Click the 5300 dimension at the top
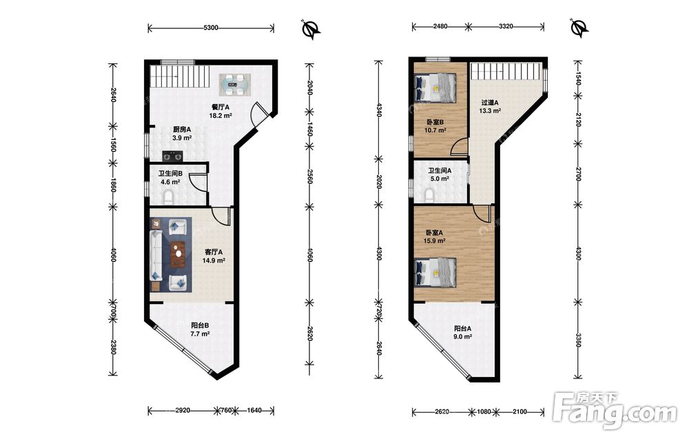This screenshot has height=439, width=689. click(211, 28)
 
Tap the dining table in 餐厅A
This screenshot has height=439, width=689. click(236, 84)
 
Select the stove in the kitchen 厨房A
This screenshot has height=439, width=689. click(172, 156)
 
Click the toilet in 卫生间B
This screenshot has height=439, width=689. click(168, 196)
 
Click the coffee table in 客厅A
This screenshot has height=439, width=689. click(178, 254)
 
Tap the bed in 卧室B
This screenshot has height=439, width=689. click(435, 88)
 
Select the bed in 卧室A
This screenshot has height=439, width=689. click(435, 272)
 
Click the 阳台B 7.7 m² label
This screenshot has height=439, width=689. click(200, 329)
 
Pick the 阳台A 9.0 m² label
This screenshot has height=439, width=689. click(463, 332)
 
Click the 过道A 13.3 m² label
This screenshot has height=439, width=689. click(489, 107)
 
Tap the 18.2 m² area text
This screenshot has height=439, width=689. click(220, 116)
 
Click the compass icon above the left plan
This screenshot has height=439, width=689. click(311, 29)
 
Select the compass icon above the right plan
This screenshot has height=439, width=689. click(580, 28)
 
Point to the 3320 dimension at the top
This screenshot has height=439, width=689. click(506, 26)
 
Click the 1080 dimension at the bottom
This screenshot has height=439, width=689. click(484, 411)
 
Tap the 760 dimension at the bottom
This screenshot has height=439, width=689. click(225, 411)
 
